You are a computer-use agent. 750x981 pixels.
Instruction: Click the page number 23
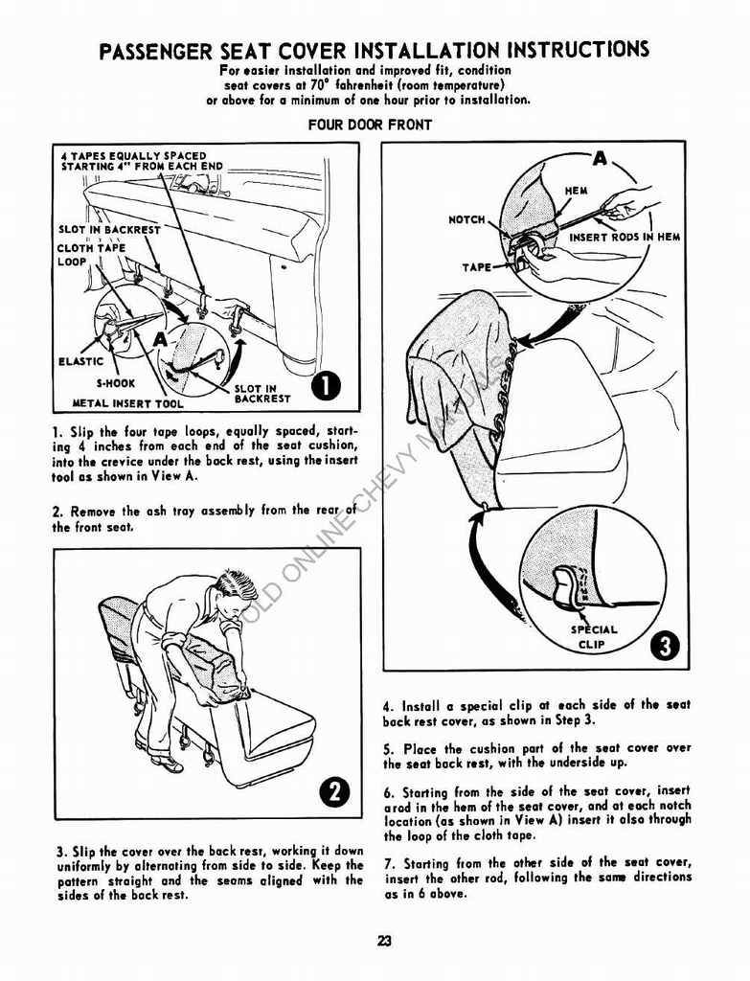pyautogui.click(x=383, y=941)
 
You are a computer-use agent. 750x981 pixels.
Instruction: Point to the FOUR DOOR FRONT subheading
pyautogui.click(x=370, y=125)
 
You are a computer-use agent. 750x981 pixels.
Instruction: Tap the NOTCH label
pyautogui.click(x=466, y=220)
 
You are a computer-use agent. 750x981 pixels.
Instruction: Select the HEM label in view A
pyautogui.click(x=576, y=191)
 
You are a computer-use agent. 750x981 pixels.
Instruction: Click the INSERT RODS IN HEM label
pyautogui.click(x=625, y=237)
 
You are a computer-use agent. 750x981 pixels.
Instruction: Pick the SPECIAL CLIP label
pyautogui.click(x=594, y=637)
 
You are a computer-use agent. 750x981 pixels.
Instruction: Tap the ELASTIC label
pyautogui.click(x=80, y=362)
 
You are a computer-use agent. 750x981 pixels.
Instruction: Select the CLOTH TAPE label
pyautogui.click(x=91, y=248)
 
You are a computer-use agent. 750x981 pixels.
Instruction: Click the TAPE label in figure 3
pyautogui.click(x=476, y=267)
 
